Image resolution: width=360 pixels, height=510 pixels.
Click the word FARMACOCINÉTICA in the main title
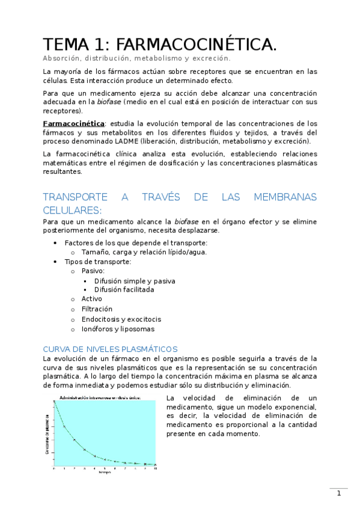(197, 45)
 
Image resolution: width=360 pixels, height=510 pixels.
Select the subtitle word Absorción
(62, 58)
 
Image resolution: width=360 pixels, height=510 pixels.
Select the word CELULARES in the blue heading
(72, 210)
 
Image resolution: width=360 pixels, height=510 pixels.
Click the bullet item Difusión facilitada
(124, 289)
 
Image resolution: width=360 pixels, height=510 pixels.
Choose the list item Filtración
(97, 309)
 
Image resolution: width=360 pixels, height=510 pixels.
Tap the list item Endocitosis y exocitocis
(121, 319)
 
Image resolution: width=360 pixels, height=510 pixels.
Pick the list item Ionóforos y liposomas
(118, 329)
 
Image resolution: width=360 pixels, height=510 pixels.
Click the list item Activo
(92, 299)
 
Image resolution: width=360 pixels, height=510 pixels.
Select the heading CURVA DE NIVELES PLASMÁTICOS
(110, 349)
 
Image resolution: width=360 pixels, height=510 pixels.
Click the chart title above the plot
(100, 398)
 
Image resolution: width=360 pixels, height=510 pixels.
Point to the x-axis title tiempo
(104, 472)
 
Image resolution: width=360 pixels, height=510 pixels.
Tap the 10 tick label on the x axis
(156, 468)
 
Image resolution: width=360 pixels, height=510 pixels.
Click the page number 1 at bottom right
(339, 494)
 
